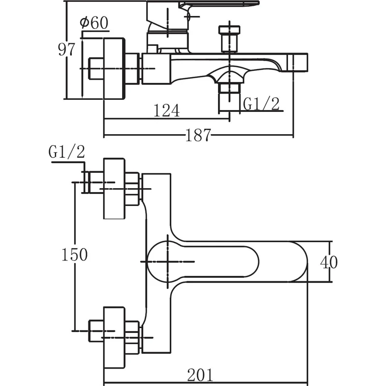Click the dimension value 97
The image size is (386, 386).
tap(67, 49)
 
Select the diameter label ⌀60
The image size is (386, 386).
tap(94, 23)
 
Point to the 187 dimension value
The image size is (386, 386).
tap(198, 135)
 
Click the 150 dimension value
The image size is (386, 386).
tap(75, 254)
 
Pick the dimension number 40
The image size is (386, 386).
tap(329, 262)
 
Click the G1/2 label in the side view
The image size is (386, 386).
tap(261, 103)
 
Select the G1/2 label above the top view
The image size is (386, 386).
tap(67, 152)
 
